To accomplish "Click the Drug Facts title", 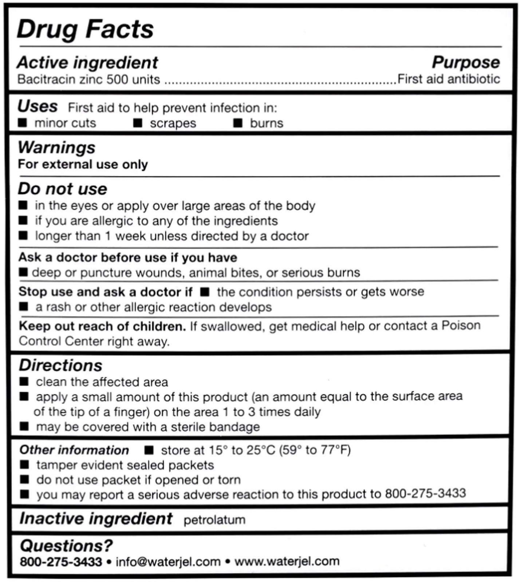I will (85, 29).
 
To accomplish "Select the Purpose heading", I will (466, 62).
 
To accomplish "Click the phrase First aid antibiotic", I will (449, 79).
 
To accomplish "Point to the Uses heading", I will (38, 107).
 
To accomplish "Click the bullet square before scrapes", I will (138, 123).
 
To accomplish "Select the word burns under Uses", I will (266, 123).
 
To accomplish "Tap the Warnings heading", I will (56, 148).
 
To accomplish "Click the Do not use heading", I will (63, 189).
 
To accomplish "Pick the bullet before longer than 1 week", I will (23, 236).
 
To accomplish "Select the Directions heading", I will (60, 365).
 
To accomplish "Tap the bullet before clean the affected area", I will (24, 382).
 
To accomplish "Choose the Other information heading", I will (74, 450).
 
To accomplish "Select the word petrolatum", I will (214, 520).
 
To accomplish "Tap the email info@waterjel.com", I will (168, 561).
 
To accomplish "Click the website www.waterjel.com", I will (287, 561).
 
